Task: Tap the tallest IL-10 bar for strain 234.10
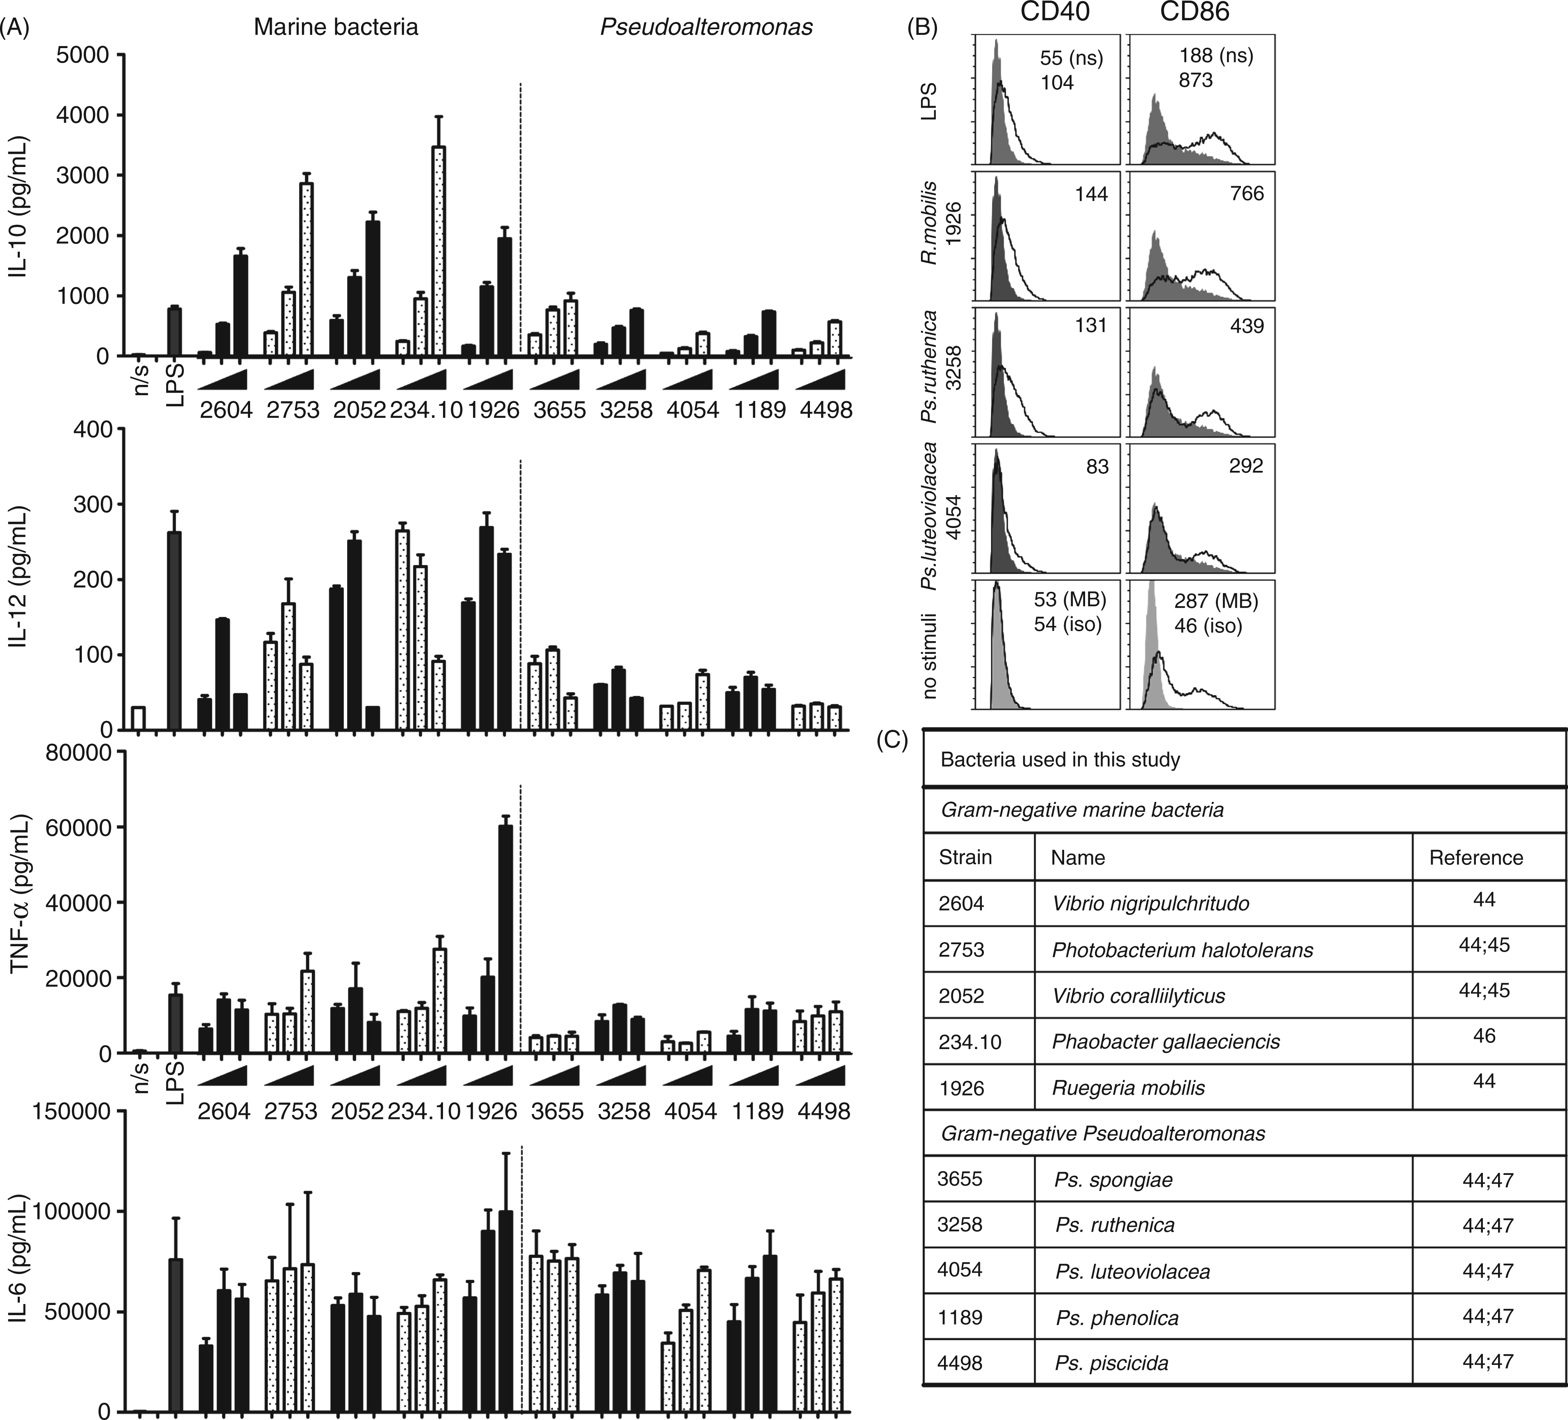[438, 251]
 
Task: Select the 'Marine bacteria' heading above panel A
[336, 27]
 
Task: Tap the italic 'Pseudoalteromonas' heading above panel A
[706, 27]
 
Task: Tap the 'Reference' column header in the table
[1476, 858]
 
